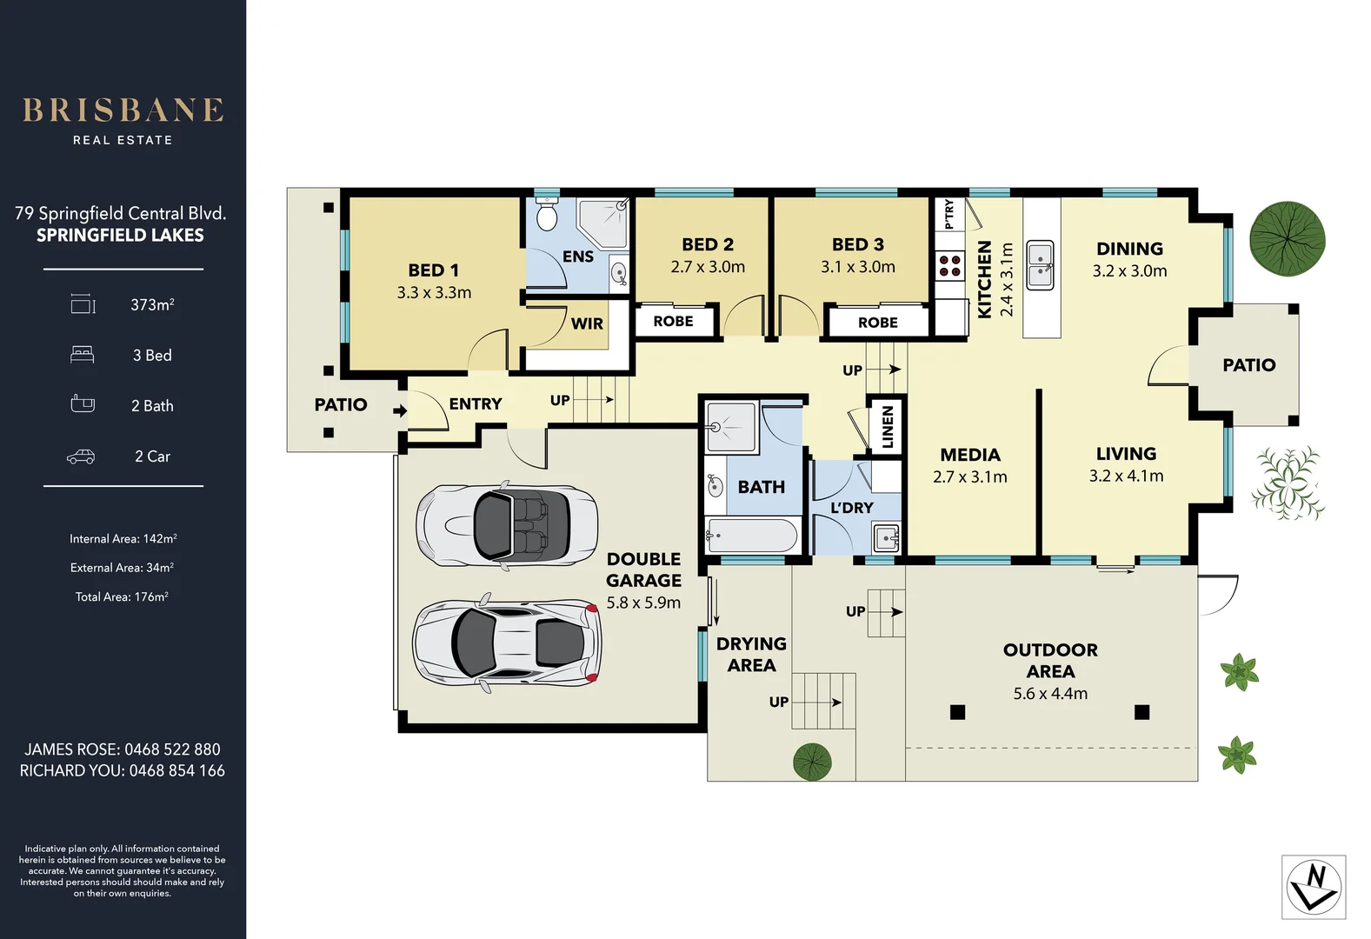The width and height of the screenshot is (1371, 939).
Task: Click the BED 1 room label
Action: [x=433, y=270]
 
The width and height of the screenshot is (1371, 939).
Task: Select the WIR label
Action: [x=587, y=323]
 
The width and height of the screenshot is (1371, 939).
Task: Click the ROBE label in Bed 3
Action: [x=877, y=323]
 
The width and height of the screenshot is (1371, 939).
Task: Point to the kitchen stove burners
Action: [x=949, y=265]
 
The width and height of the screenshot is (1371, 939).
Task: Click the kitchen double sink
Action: [x=1041, y=265]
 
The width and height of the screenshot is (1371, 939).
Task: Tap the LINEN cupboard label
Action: [x=887, y=427]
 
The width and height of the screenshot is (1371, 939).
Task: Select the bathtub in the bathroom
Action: [x=752, y=536]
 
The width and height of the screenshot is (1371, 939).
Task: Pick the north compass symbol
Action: [x=1314, y=887]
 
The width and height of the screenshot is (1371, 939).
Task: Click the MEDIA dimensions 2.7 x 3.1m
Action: [x=969, y=477]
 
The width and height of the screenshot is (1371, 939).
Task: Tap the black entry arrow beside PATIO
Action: [x=400, y=410]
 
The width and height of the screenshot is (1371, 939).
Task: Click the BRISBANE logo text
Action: [x=123, y=110]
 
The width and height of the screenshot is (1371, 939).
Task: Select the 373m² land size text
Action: [x=152, y=304]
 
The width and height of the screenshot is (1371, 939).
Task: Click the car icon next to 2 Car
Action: [x=81, y=456]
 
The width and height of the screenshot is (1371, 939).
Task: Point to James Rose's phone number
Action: [x=172, y=749]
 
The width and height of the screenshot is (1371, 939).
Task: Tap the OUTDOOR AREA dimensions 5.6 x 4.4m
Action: [x=1049, y=694]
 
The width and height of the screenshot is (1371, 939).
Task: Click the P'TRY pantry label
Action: [x=948, y=214]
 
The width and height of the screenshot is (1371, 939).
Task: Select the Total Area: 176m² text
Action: [x=122, y=596]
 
